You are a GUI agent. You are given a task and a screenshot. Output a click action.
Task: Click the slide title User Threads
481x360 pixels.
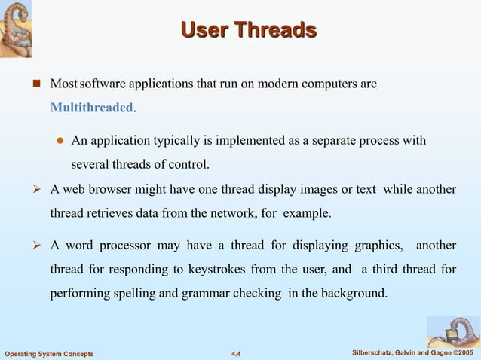click(249, 31)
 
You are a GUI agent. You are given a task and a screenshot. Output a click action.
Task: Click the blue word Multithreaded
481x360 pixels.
click(91, 108)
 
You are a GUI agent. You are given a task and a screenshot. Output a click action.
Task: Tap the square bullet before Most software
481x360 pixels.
click(35, 84)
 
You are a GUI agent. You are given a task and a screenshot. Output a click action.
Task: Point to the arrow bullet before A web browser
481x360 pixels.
click(34, 190)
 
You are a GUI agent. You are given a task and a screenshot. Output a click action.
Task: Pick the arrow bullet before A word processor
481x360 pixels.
click(34, 246)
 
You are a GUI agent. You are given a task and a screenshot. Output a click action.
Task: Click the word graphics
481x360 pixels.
click(377, 246)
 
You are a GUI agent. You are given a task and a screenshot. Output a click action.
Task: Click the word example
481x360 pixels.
click(306, 213)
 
